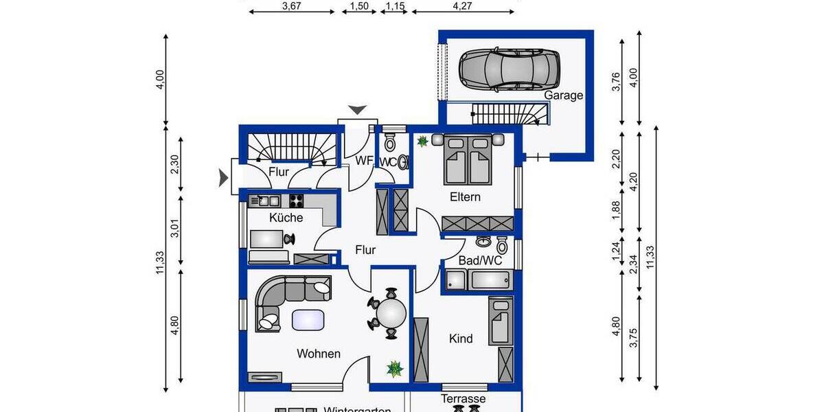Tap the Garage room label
[564, 95]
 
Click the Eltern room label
[465, 197]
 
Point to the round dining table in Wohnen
[391, 313]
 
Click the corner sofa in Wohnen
[285, 299]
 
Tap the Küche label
[286, 218]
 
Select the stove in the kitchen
[296, 201]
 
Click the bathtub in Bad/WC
[488, 279]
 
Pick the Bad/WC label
[481, 261]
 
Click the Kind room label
[461, 339]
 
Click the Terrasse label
[463, 399]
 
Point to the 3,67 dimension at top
[292, 6]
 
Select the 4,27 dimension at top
[464, 6]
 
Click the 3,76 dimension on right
[616, 81]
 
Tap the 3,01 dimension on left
[174, 231]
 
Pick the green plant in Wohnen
[395, 369]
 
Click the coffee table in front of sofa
[308, 320]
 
